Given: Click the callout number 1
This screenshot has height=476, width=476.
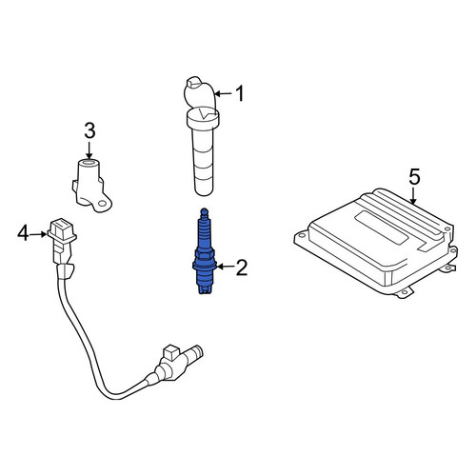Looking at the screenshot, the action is coord(240,93).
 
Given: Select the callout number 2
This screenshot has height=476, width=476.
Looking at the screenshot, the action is coord(242,268).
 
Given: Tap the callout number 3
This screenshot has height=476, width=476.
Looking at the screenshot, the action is coord(89,130).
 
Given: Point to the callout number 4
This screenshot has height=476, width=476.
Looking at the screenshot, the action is coord(23,233).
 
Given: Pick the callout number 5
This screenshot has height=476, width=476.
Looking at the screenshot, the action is coord(414,177).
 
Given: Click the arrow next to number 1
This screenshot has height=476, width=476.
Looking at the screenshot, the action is coord(224,94).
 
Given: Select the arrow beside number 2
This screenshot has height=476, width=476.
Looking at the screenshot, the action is coord(225,267).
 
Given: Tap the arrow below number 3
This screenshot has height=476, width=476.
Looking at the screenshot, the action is coord(89,150).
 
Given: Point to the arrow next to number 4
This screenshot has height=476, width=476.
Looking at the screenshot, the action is coord(38,234).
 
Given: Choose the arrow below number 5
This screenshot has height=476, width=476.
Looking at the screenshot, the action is coord(413,195).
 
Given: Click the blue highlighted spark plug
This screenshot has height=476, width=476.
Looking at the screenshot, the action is coord(205,251).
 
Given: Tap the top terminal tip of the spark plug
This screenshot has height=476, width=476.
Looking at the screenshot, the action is coord(205,211).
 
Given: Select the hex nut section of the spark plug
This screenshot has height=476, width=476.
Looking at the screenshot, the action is coord(205,253).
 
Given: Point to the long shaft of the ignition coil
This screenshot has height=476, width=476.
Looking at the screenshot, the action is coord(204,160).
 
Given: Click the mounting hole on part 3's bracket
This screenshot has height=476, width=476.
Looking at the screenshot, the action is coord(102,204).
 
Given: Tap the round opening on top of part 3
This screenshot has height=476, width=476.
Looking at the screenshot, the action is coord(89,163).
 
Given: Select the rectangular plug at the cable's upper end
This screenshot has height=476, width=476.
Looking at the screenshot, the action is coord(62,229).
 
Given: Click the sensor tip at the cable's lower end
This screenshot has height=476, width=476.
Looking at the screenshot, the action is coord(196,352).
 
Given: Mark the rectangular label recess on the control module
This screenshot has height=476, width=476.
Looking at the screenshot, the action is coord(382,228).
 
